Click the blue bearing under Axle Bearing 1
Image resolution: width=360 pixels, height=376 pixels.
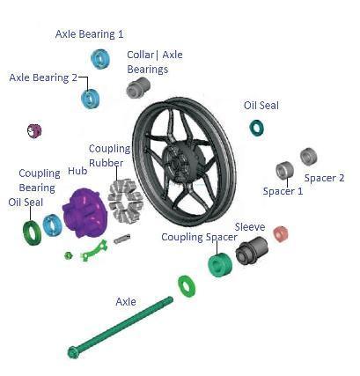click(100, 59)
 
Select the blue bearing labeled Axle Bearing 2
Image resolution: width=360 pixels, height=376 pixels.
click(91, 99)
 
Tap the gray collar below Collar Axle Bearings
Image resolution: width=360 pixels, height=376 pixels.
click(138, 87)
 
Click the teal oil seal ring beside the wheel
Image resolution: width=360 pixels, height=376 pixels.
click(256, 128)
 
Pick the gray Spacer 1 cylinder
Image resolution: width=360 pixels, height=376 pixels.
click(284, 170)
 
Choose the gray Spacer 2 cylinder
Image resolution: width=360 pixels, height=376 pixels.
click(308, 157)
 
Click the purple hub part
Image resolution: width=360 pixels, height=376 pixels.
click(83, 212)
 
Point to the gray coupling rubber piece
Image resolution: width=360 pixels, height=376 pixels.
click(125, 201)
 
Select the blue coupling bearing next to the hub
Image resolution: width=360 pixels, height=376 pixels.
click(52, 225)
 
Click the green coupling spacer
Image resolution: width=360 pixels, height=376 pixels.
click(220, 265)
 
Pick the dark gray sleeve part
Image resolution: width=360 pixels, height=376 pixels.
click(252, 250)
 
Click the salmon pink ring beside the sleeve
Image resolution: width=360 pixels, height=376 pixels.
click(281, 234)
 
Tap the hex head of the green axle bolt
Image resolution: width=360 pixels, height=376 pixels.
click(73, 352)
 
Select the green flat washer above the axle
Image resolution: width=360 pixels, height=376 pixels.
click(187, 286)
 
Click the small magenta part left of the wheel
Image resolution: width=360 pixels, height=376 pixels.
click(34, 131)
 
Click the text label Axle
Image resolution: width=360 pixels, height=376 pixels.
click(126, 302)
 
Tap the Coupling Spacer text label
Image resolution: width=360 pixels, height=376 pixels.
click(199, 237)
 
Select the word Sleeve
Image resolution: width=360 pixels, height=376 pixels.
click(250, 227)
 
